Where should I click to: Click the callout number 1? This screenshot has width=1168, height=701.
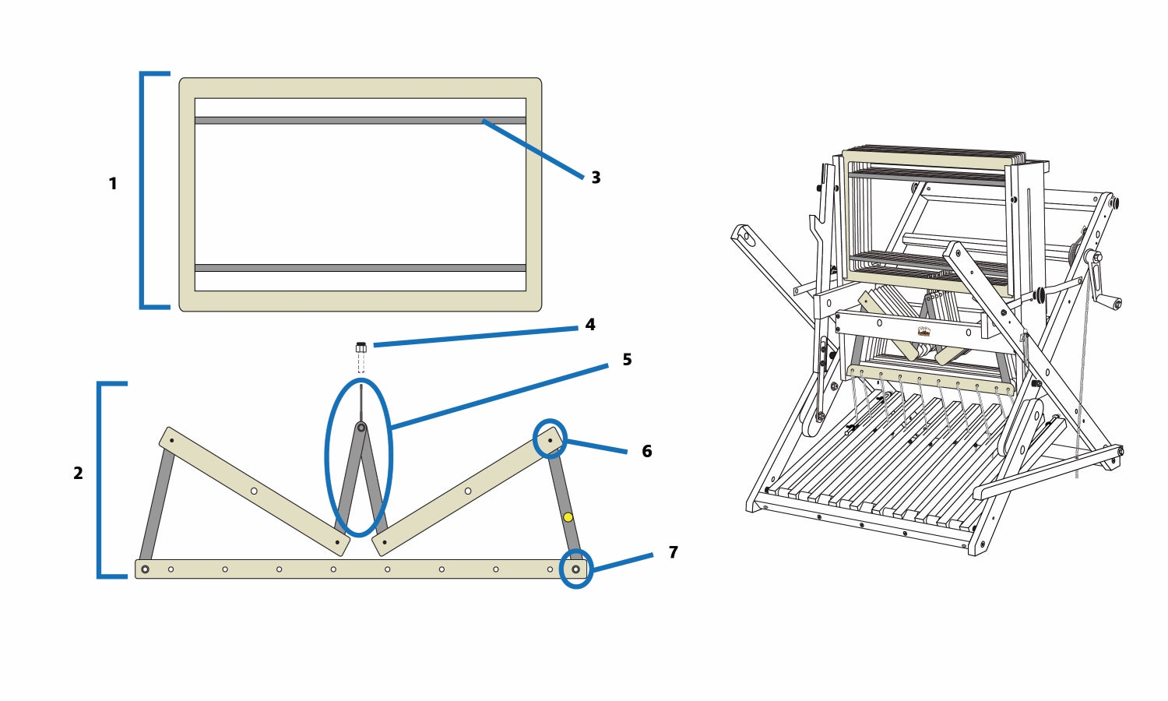pos(113,184)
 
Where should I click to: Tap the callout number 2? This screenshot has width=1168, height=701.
pos(78,473)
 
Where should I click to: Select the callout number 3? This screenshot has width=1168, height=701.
pos(596,178)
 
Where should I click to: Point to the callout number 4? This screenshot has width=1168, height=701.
pos(590,324)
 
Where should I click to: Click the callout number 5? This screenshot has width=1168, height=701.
pos(627,359)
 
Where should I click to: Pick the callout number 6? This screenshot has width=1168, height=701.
pos(646,451)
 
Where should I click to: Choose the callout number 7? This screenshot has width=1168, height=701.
pos(673,552)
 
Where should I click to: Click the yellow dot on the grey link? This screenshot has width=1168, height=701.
pos(568,517)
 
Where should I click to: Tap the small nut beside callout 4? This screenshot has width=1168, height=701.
pos(361,347)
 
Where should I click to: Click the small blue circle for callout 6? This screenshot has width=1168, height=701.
pos(550,439)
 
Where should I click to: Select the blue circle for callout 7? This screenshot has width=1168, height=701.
pos(576,569)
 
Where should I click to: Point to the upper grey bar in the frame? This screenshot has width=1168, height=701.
pos(360,121)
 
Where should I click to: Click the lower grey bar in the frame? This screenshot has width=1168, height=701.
pos(360,268)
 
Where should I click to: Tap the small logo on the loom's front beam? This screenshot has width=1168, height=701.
pos(923,331)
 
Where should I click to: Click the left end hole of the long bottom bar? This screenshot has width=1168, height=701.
pos(145,569)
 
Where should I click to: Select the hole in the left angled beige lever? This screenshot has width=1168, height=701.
pos(254,491)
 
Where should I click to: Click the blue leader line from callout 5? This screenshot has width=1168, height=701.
pos(498,394)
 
